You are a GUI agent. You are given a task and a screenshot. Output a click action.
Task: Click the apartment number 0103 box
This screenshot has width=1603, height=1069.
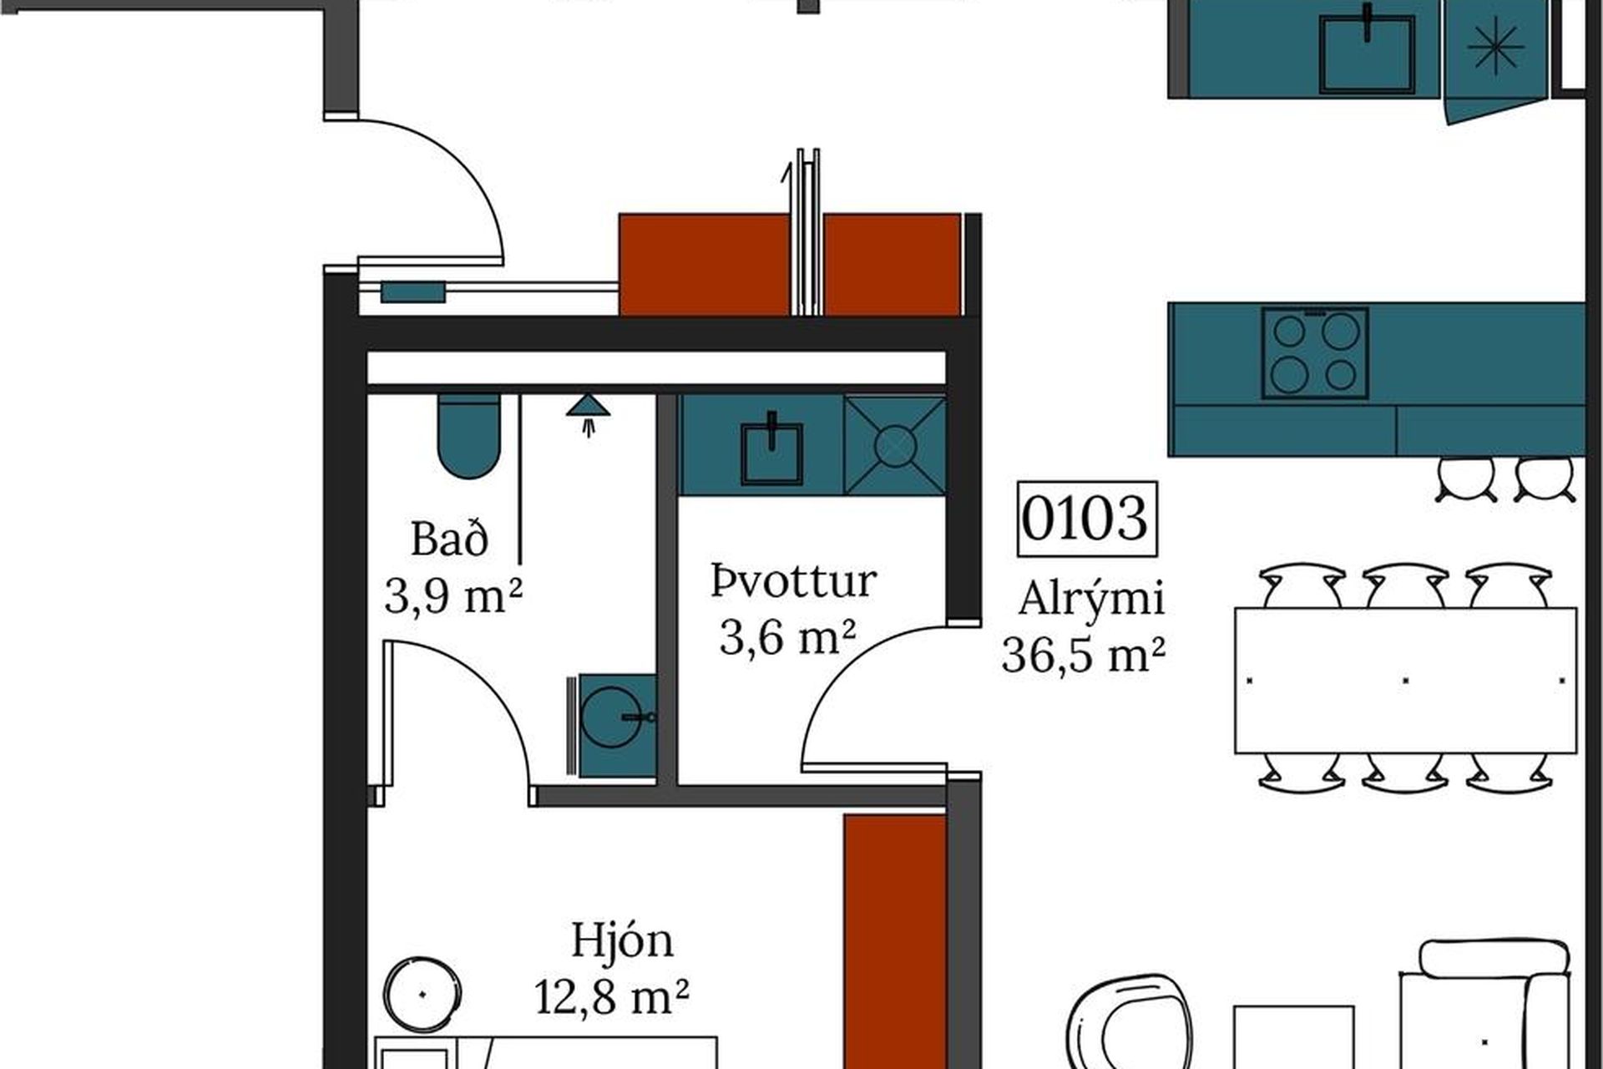click(x=1086, y=519)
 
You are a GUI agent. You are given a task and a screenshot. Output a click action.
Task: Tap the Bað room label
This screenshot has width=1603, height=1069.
click(x=449, y=540)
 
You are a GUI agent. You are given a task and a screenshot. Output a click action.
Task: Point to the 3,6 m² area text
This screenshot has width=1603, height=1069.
click(x=787, y=638)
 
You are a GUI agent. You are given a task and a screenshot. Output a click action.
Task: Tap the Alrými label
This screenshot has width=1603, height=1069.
click(x=1090, y=599)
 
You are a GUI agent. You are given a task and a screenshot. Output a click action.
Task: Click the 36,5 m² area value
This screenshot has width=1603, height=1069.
click(x=1083, y=655)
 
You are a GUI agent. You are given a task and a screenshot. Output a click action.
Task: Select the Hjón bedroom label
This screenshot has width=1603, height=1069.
click(x=622, y=941)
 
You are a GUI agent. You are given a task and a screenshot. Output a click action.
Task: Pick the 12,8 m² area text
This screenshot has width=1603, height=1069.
click(x=611, y=996)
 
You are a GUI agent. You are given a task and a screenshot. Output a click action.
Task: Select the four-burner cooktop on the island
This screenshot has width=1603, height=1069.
click(x=1314, y=352)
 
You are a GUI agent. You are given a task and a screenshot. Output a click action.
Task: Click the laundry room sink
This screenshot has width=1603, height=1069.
click(x=771, y=452)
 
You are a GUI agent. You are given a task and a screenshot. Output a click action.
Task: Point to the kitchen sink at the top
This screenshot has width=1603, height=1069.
click(x=1367, y=53)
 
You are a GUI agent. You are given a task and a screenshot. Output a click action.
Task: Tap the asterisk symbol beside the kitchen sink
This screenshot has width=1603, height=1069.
click(x=1495, y=48)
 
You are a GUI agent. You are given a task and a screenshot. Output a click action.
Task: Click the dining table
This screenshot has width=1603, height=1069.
click(x=1405, y=680)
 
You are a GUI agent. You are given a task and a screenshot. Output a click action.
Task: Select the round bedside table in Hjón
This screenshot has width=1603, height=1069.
click(x=422, y=994)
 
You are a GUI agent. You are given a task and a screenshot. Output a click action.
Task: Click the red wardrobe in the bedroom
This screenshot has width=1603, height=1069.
click(x=894, y=935)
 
